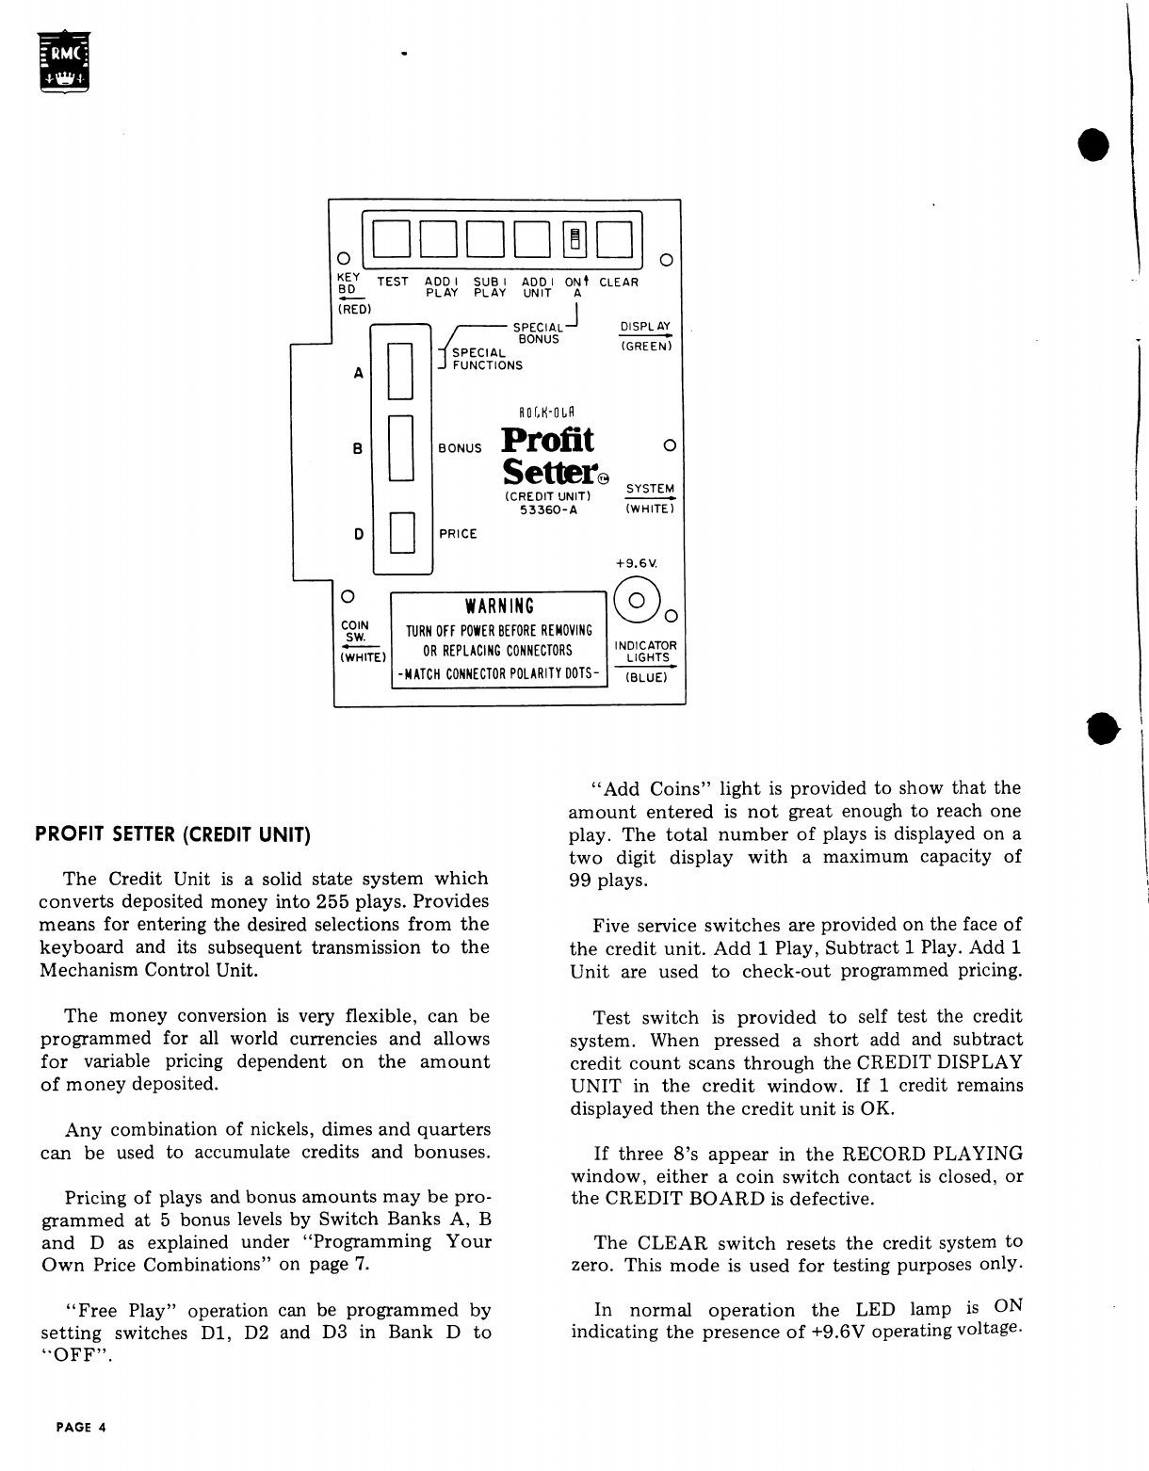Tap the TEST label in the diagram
tap(393, 282)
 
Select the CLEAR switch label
tap(618, 282)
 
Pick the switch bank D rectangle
tap(401, 533)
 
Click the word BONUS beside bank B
tap(460, 448)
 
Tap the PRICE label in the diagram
tap(459, 534)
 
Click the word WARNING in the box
tap(499, 606)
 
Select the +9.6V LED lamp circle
tap(637, 600)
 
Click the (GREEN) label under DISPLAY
tap(645, 347)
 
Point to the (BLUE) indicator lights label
tap(646, 677)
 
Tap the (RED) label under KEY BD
tap(354, 308)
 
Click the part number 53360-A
tap(548, 509)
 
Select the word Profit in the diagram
tap(547, 439)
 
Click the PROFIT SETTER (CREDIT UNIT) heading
tap(173, 834)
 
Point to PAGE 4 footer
tap(81, 1427)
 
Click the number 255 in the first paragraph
tap(333, 901)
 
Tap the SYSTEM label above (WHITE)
tap(650, 488)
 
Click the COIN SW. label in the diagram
tap(355, 630)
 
